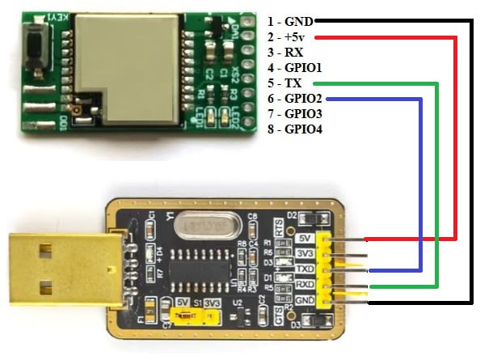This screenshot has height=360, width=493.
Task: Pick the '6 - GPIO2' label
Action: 294,98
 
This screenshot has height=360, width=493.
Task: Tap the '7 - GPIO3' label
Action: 294,113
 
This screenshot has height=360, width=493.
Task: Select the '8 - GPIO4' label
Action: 294,129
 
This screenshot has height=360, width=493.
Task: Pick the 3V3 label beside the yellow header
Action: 305,253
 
